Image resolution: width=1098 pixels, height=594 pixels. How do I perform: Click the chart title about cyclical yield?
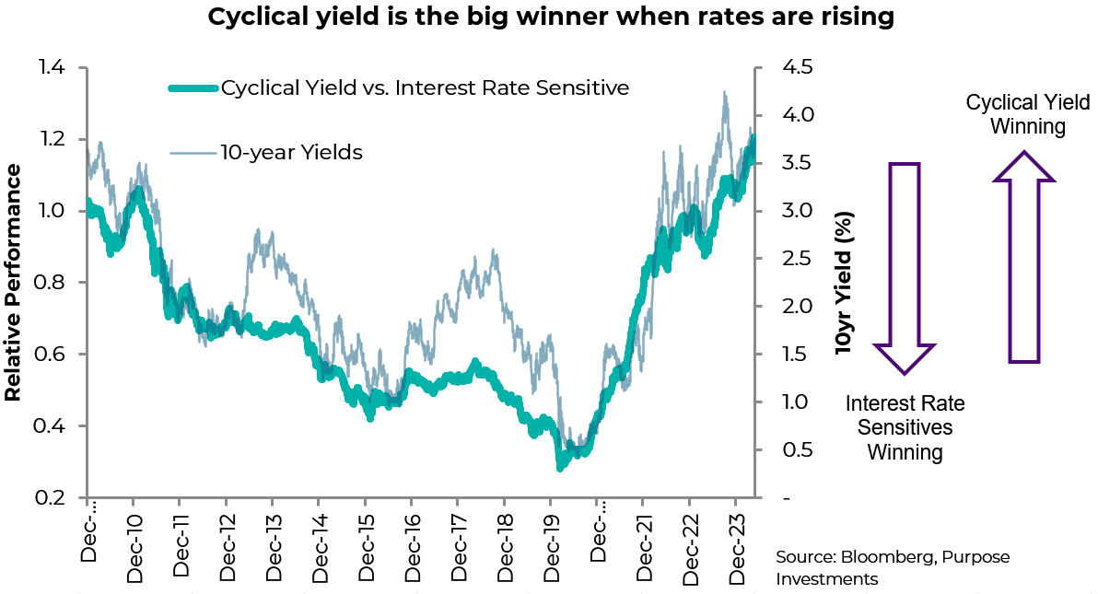coord(551,17)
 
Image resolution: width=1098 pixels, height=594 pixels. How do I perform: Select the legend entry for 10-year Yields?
coord(291,153)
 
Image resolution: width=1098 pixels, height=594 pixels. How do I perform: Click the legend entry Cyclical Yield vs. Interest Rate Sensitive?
coord(425,88)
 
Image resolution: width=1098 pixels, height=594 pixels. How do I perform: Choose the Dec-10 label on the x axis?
coord(135,543)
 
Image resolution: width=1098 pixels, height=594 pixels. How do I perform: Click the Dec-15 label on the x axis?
coord(366,543)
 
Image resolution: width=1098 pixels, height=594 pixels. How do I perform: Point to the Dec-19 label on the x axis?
coord(551,543)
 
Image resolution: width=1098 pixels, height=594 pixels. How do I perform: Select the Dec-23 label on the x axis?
coord(736,543)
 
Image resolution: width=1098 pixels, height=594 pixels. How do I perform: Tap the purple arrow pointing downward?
coord(905,267)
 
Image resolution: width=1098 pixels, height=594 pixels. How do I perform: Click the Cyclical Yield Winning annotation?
coord(1027,114)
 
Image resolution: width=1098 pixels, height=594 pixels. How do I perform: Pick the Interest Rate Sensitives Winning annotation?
coord(905,428)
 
